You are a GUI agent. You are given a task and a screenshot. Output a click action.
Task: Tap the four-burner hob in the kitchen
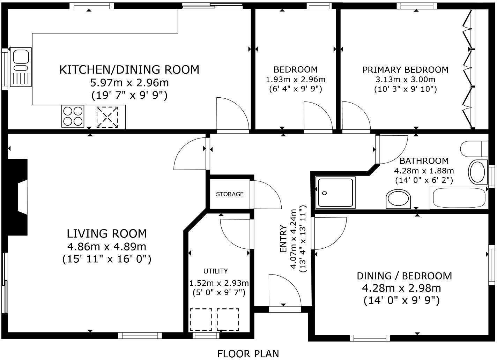[x=73, y=116]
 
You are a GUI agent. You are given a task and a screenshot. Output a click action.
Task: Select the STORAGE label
[x=230, y=194]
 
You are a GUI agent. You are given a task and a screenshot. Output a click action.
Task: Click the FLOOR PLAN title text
[x=248, y=353]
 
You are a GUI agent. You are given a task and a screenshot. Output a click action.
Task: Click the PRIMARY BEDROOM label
[x=405, y=70]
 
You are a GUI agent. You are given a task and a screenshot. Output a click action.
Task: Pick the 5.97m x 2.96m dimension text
[x=129, y=83]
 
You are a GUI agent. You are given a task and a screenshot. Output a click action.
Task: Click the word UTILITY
[x=216, y=271]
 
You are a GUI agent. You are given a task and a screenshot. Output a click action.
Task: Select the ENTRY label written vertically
[x=283, y=239]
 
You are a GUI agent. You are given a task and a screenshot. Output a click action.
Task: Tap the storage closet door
[x=266, y=195]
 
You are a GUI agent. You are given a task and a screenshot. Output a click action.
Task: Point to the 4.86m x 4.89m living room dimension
[x=107, y=247]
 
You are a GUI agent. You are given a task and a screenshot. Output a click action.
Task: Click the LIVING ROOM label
[x=107, y=233]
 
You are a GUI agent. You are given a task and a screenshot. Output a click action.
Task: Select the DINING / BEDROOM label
[x=404, y=276]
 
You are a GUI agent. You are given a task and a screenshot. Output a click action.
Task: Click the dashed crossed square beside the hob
[x=107, y=117]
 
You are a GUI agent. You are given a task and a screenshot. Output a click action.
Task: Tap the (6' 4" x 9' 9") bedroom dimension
[x=295, y=89]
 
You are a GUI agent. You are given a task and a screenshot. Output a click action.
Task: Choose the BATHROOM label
[x=424, y=161]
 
